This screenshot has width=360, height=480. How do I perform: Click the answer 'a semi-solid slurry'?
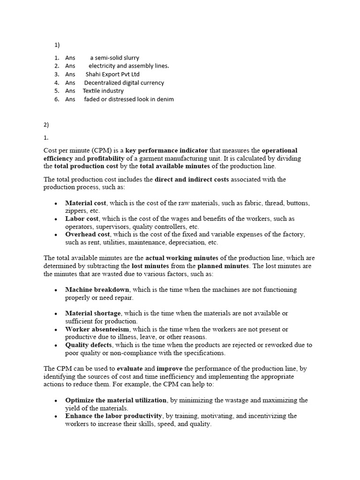tap(114, 58)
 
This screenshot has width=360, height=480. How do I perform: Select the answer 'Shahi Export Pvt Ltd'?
tap(112, 74)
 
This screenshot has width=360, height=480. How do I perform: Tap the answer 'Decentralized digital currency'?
tap(124, 82)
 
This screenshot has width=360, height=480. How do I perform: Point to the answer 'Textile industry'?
tap(103, 91)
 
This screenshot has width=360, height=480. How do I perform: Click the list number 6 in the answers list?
tap(56, 99)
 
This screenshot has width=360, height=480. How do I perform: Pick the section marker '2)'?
tap(46, 125)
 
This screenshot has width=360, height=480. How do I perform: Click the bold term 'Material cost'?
tap(86, 203)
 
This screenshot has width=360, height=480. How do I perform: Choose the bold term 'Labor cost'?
tap(82, 219)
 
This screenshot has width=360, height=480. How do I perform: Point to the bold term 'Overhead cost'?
tap(88, 234)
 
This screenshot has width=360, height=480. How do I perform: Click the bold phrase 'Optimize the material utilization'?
tap(116, 400)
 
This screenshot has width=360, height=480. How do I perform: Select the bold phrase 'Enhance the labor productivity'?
tap(114, 416)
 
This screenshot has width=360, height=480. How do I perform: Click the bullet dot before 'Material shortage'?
tap(56, 314)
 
